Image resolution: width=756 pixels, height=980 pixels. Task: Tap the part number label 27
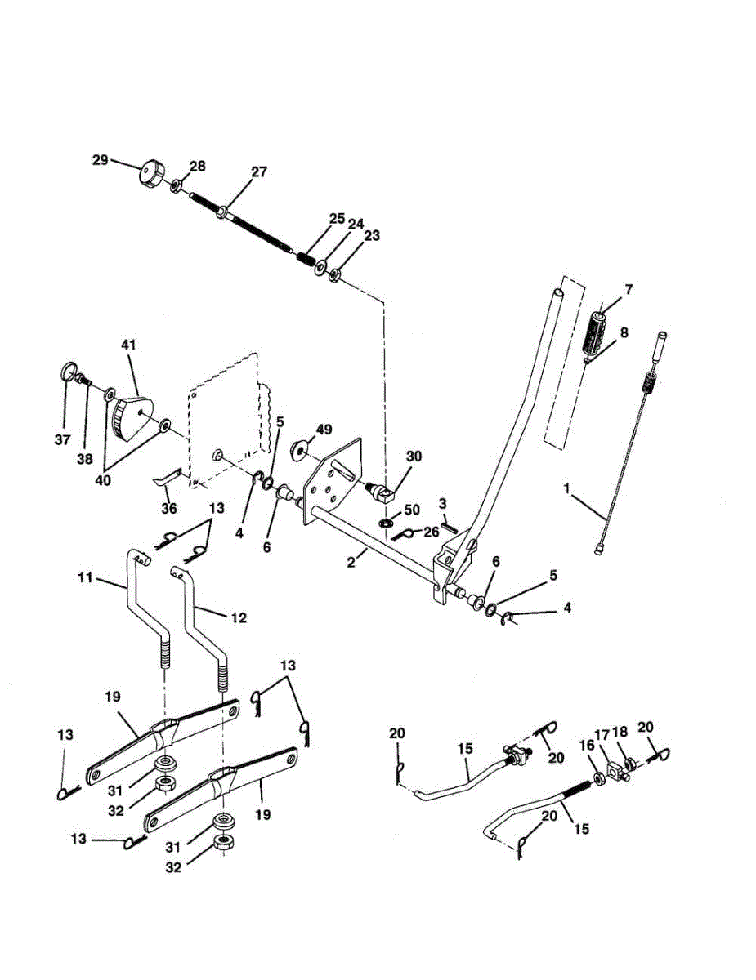(258, 172)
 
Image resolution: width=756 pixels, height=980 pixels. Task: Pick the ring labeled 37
(69, 374)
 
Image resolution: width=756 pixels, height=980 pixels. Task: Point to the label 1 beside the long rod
(565, 489)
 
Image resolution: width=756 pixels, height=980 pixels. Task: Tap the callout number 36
(169, 507)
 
